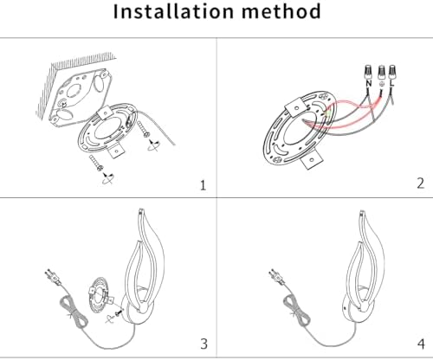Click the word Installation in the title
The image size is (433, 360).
(173, 11)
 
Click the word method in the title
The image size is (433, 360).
(281, 11)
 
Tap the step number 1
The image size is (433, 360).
(204, 185)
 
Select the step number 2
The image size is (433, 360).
(421, 183)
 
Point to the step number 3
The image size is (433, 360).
(204, 344)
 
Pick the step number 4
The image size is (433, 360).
(422, 344)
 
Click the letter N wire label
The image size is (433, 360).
(369, 83)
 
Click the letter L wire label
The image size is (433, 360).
(391, 83)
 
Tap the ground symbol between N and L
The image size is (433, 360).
(382, 84)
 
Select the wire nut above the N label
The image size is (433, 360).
(368, 73)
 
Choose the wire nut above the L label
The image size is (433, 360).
(391, 73)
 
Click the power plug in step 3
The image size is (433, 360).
(53, 276)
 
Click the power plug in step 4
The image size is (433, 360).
(276, 276)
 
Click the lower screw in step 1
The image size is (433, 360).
(96, 163)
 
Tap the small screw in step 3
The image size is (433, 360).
(119, 312)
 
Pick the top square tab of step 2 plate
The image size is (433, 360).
(295, 106)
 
